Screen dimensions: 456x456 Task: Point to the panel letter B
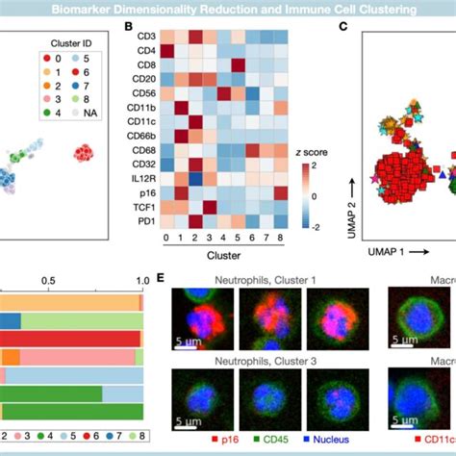[x=128, y=29]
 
